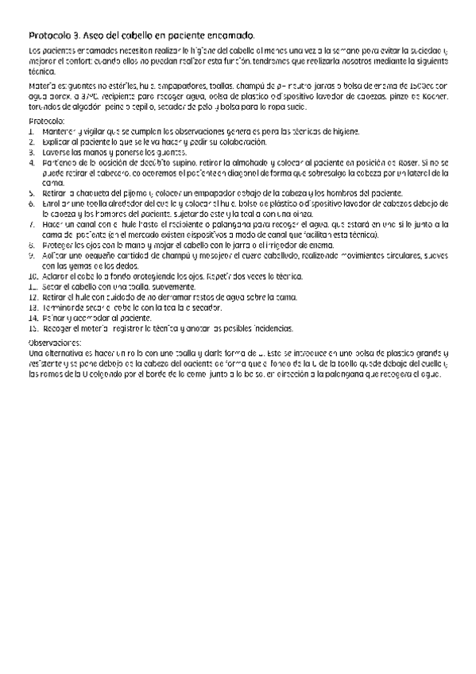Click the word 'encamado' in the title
(230, 36)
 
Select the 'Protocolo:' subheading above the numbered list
(45, 120)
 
